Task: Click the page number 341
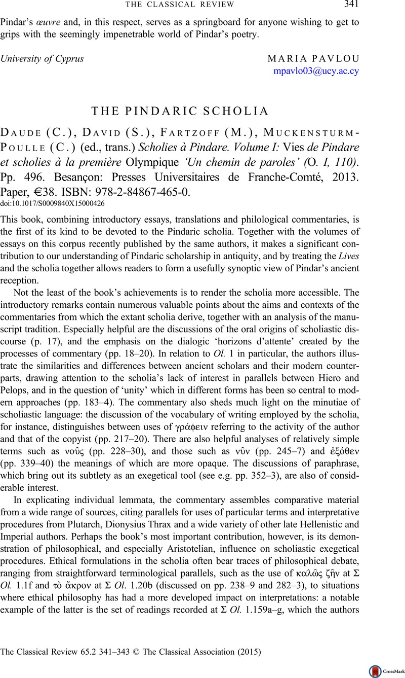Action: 350,5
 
